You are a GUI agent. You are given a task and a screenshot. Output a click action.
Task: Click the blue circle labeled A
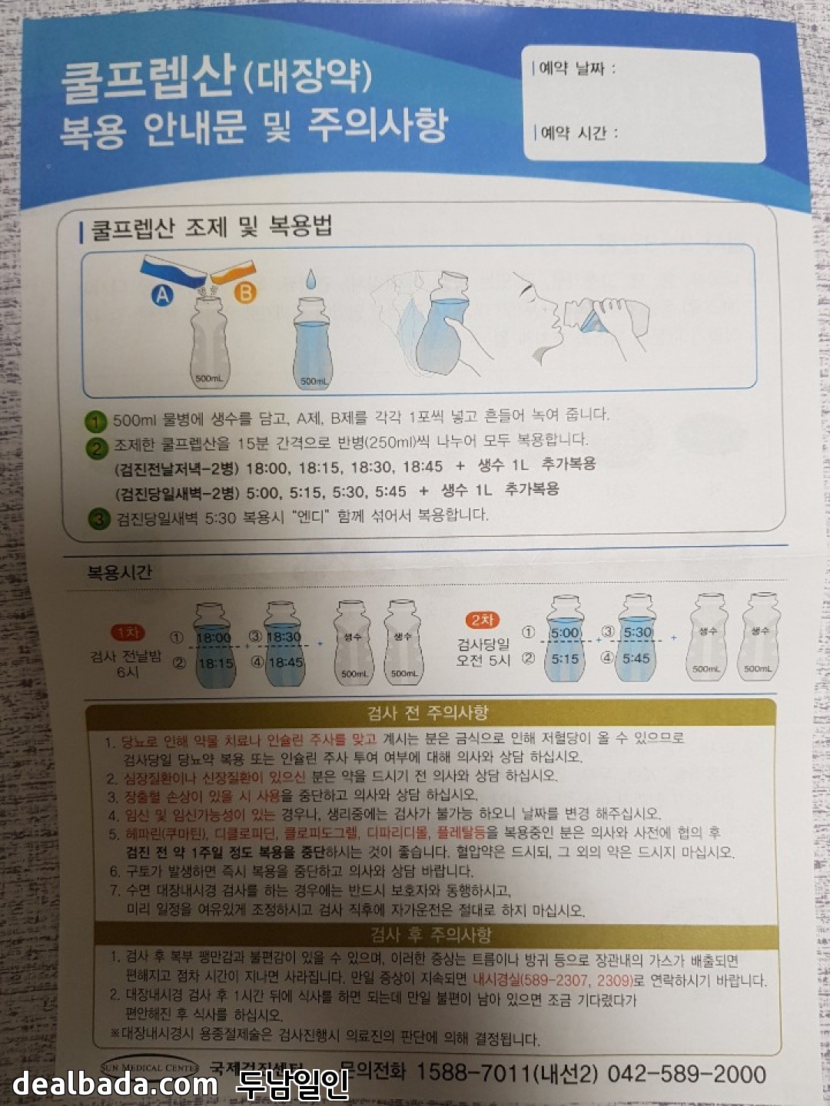point(161,295)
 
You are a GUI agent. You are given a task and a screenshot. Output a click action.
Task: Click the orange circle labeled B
point(245,293)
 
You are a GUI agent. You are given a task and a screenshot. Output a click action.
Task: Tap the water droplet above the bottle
point(311,279)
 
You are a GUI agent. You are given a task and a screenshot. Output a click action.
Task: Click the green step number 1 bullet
point(95,422)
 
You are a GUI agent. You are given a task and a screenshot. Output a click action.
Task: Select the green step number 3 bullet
point(99,519)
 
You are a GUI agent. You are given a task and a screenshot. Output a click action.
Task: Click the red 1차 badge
point(127,632)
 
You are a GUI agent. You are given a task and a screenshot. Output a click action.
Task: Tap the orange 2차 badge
point(482,621)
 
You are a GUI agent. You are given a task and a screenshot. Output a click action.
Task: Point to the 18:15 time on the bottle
point(216,663)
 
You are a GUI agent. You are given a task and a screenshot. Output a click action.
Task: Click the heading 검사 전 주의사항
point(428,712)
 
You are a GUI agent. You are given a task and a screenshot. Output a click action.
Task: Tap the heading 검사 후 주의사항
point(431,935)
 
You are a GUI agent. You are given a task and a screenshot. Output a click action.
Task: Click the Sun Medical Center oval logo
point(150,1067)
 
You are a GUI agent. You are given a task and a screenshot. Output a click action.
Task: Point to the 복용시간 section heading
point(119,572)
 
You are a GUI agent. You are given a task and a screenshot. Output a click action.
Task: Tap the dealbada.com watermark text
point(115,1082)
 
